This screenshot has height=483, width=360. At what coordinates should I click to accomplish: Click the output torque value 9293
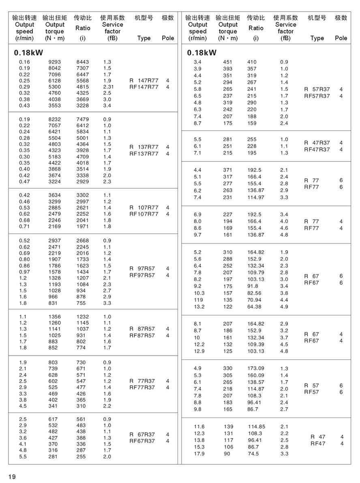pyautogui.click(x=54, y=62)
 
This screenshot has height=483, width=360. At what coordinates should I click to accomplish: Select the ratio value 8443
pyautogui.click(x=83, y=62)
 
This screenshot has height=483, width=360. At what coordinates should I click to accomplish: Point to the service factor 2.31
pyautogui.click(x=108, y=87)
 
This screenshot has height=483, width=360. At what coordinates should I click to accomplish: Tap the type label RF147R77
pyautogui.click(x=144, y=87)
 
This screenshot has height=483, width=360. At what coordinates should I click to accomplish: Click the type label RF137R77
pyautogui.click(x=144, y=153)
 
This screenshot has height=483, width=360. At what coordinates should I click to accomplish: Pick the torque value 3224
pyautogui.click(x=54, y=182)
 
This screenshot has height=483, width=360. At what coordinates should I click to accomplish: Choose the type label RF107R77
pyautogui.click(x=144, y=214)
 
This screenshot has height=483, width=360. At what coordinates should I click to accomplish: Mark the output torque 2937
pyautogui.click(x=54, y=240)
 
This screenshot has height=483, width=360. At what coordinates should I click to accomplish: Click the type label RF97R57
pyautogui.click(x=142, y=275)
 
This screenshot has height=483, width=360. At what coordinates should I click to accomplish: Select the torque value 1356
pyautogui.click(x=54, y=316)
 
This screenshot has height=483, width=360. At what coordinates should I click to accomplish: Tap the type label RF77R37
pyautogui.click(x=142, y=387)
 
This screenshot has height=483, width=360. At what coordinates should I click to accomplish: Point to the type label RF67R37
pyautogui.click(x=142, y=441)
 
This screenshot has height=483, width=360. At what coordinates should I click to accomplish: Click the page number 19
pyautogui.click(x=12, y=477)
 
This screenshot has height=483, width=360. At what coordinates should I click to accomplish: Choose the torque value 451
pyautogui.click(x=228, y=62)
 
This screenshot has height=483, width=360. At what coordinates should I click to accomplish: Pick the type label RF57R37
pyautogui.click(x=317, y=96)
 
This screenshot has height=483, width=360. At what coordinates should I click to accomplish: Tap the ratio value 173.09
pyautogui.click(x=256, y=368)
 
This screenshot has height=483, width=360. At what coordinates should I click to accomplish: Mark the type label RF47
pyautogui.click(x=318, y=444)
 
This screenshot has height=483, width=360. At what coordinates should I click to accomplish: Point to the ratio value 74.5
pyautogui.click(x=253, y=453)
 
